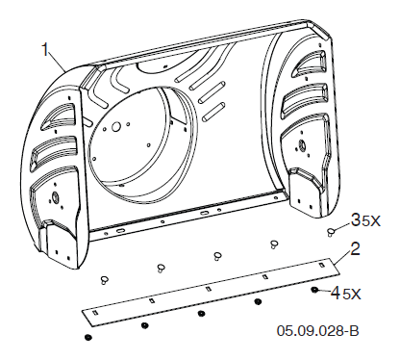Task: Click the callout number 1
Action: click(46, 50)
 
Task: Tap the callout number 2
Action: click(355, 248)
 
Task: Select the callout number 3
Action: click(356, 219)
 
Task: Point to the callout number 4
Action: click(336, 293)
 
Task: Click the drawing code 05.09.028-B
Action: click(318, 331)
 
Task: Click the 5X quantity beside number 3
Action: click(371, 221)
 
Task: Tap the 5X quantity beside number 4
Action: click(351, 295)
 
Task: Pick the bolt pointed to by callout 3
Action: click(331, 232)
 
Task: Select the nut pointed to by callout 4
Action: click(314, 290)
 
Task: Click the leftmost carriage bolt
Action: click(104, 279)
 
